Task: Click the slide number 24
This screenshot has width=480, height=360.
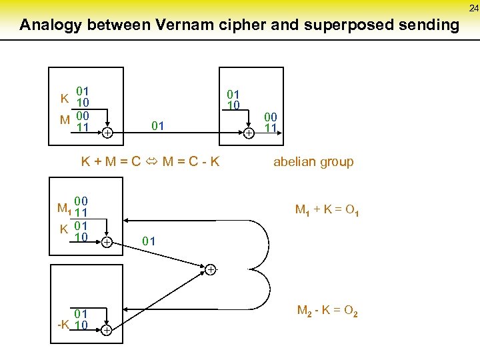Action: point(473,8)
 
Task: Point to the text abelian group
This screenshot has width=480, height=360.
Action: point(313,161)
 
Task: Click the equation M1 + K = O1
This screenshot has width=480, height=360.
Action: point(327,211)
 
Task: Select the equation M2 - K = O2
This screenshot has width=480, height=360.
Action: point(327,310)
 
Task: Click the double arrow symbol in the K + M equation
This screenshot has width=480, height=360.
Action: point(150,161)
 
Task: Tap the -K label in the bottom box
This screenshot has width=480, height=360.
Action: point(64,325)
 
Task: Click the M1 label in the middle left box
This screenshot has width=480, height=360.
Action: point(64,208)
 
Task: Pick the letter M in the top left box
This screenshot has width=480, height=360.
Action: point(65,120)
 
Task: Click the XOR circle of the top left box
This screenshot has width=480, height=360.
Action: point(107,133)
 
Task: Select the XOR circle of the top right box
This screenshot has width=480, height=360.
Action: point(247,133)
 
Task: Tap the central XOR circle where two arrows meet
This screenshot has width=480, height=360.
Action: point(209,269)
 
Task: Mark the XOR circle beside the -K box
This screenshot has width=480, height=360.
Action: point(106,330)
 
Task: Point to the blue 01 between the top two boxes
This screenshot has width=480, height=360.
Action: point(158,125)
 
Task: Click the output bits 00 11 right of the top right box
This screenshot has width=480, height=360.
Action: point(270,122)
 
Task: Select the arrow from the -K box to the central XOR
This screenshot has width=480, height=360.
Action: point(160,298)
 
